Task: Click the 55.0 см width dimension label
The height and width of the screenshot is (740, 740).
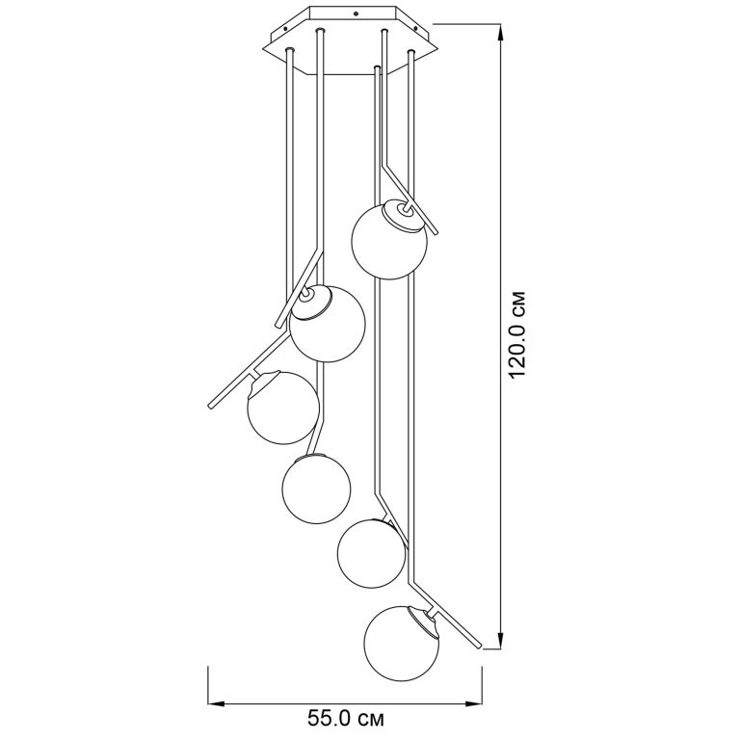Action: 346,719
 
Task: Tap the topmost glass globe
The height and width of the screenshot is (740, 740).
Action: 389,240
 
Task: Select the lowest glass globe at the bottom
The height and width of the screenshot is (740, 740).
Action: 402,644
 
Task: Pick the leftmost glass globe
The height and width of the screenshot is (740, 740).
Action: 282,408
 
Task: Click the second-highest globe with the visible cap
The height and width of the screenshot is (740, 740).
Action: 327,324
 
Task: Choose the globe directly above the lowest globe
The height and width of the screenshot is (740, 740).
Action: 371,554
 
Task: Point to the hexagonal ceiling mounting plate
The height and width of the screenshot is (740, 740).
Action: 352,40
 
